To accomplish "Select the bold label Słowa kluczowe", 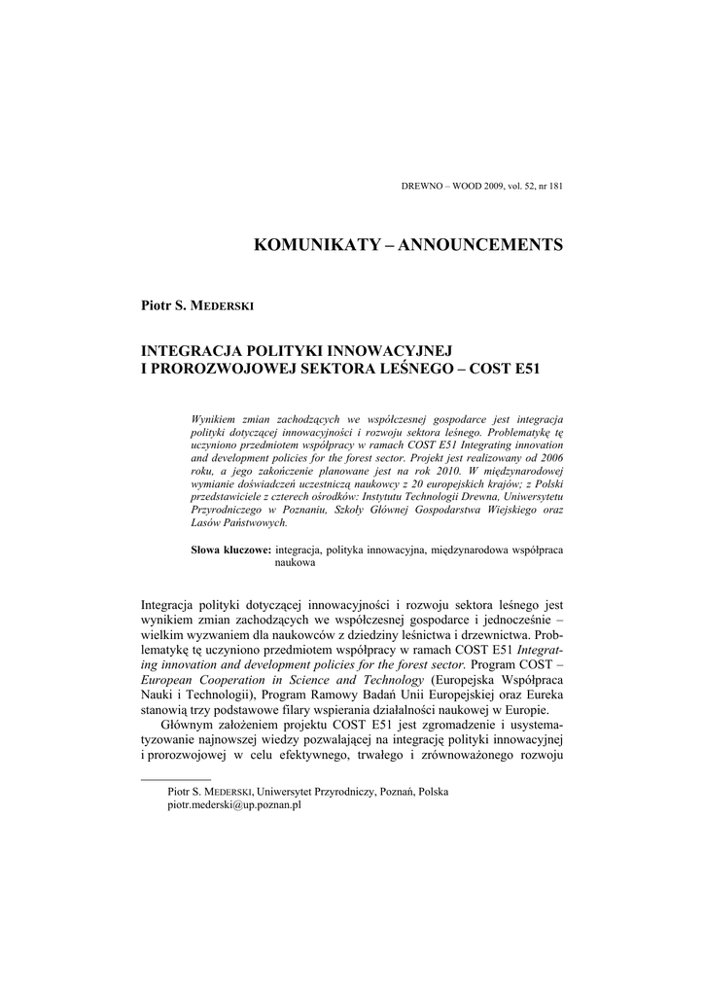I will click(231, 551).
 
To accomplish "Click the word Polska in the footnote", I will click(433, 794).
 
